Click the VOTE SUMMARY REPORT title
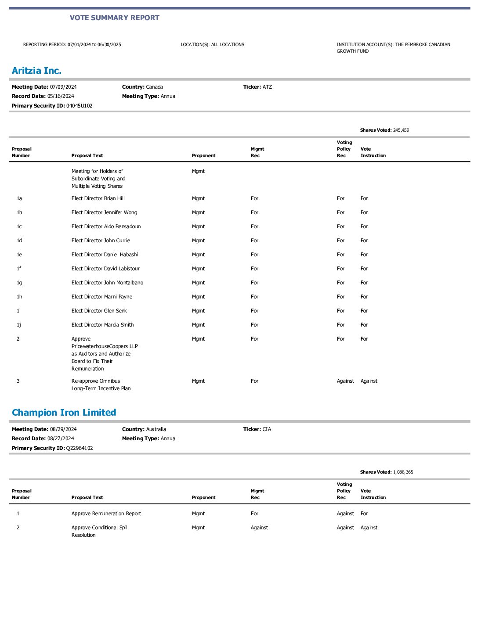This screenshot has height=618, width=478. pyautogui.click(x=114, y=18)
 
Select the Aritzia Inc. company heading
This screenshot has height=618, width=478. pyautogui.click(x=36, y=71)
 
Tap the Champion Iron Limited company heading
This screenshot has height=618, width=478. pyautogui.click(x=64, y=413)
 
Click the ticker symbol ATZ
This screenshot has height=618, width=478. pyautogui.click(x=267, y=87)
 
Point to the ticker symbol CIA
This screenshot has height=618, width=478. pyautogui.click(x=267, y=429)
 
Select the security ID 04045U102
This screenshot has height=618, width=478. pyautogui.click(x=79, y=106)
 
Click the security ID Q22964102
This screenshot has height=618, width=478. pyautogui.click(x=79, y=448)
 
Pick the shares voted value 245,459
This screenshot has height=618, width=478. pyautogui.click(x=401, y=130)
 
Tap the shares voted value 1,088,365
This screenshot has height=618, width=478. pyautogui.click(x=403, y=472)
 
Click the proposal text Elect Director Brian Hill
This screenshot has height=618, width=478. pyautogui.click(x=98, y=198)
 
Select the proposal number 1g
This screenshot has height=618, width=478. pyautogui.click(x=19, y=283)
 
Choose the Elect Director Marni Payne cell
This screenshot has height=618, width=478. pyautogui.click(x=101, y=297)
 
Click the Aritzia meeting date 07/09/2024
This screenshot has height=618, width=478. pyautogui.click(x=63, y=87)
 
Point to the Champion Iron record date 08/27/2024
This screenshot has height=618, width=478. pyautogui.click(x=61, y=438)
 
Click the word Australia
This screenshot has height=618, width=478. pyautogui.click(x=156, y=429)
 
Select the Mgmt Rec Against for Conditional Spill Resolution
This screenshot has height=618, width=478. pyautogui.click(x=259, y=528)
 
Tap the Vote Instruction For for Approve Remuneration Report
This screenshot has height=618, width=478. pyautogui.click(x=364, y=514)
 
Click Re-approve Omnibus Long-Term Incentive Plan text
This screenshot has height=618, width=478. pyautogui.click(x=101, y=384)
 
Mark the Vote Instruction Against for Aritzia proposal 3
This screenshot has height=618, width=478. pyautogui.click(x=369, y=381)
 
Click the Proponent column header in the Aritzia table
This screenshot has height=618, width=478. pyautogui.click(x=203, y=155)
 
